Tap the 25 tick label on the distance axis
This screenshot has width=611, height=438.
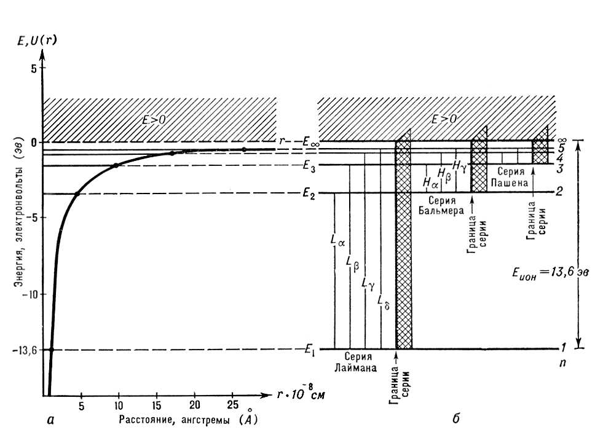point(232,406)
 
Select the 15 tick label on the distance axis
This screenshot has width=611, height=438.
point(157,406)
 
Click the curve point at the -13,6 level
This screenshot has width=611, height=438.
point(51,350)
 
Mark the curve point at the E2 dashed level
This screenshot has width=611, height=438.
point(77,194)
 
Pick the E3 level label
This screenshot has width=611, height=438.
point(309,165)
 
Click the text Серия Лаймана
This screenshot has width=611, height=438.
point(357,363)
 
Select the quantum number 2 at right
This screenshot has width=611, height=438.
point(559,192)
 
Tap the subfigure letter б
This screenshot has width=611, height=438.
point(455,420)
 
